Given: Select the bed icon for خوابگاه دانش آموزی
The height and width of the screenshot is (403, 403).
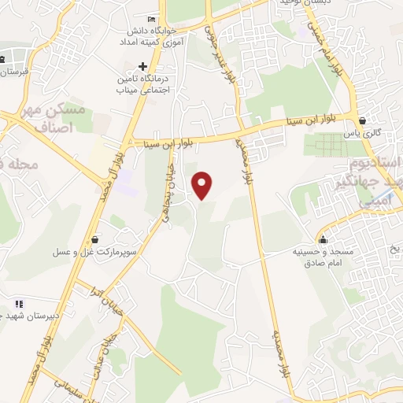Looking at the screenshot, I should (152, 20).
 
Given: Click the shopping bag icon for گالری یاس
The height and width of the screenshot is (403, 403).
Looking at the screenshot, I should (362, 121).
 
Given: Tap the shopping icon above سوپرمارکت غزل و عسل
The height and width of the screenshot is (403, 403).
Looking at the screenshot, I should (94, 239).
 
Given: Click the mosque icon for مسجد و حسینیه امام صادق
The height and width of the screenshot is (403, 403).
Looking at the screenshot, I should (323, 239).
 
